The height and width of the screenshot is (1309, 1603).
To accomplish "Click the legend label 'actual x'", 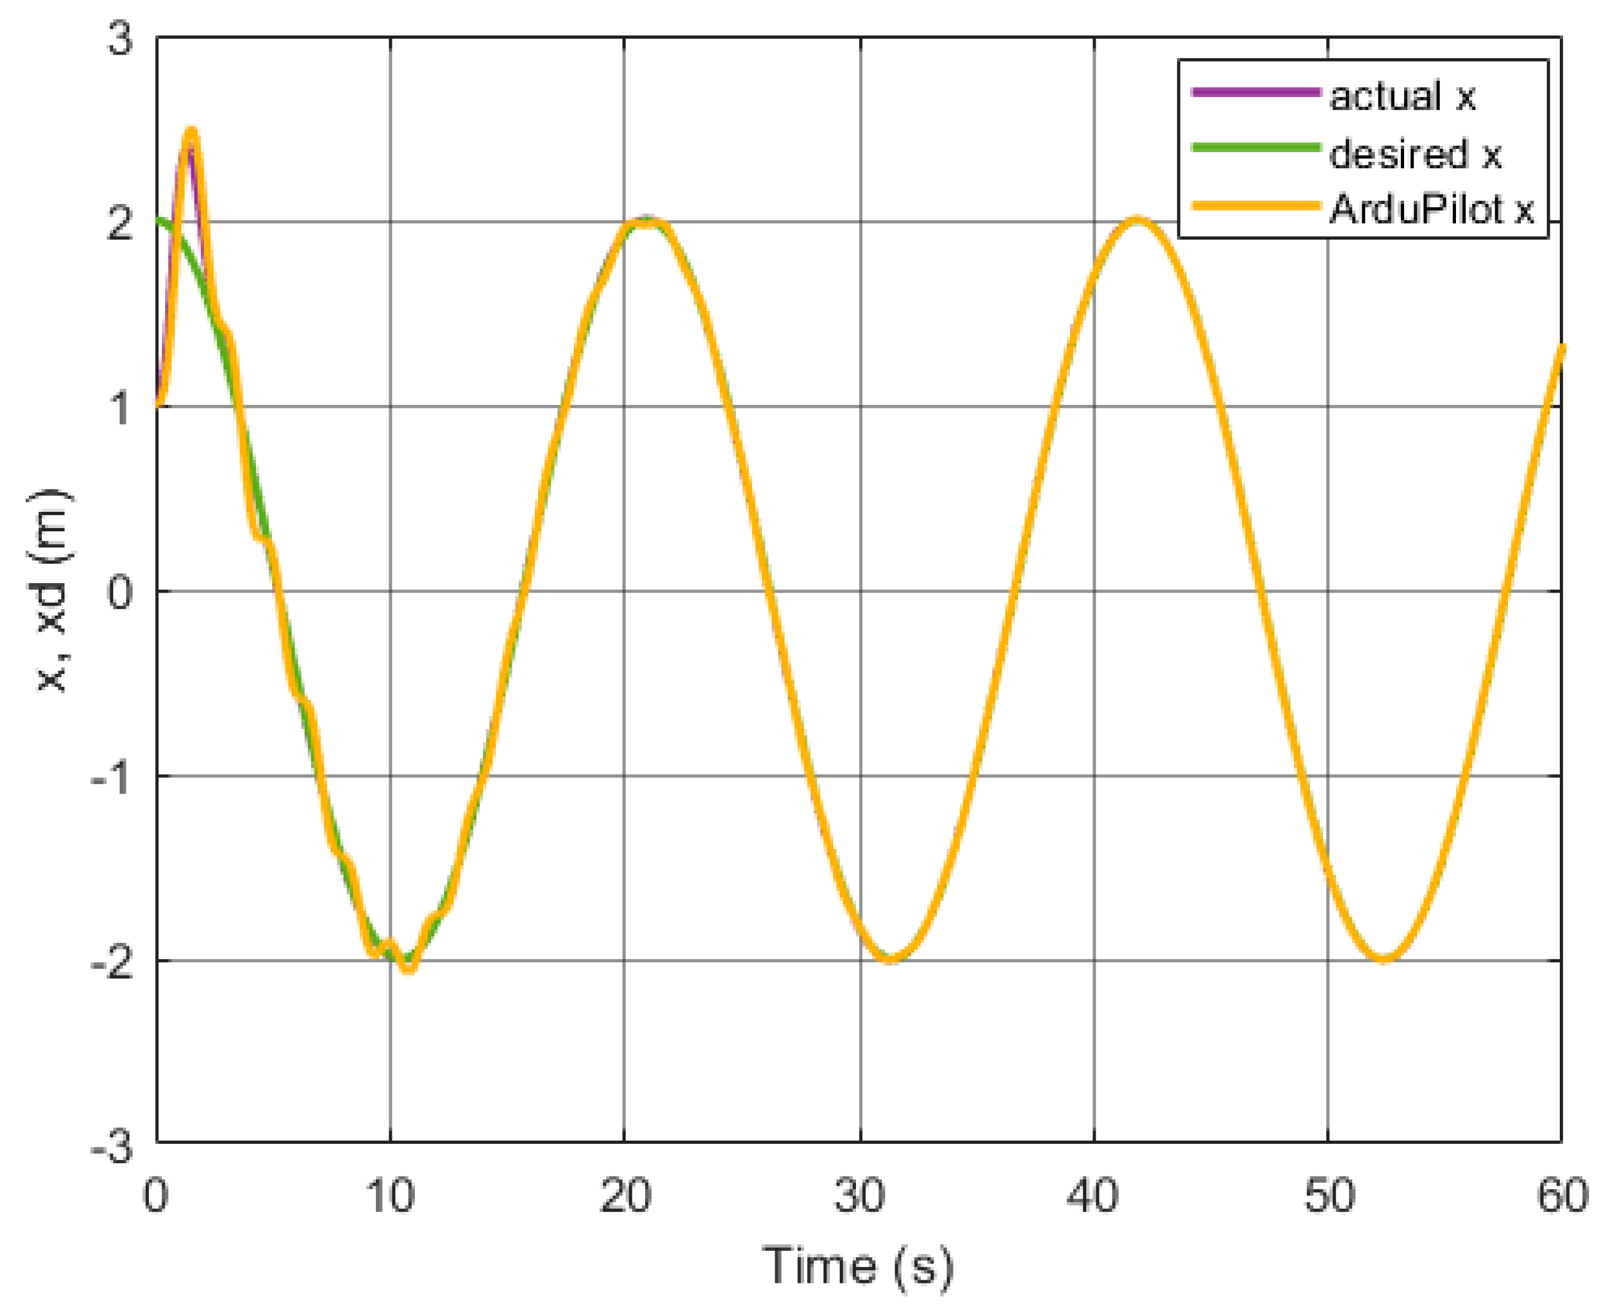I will pos(1402,96).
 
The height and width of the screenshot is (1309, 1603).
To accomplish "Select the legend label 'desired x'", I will pos(1415,154).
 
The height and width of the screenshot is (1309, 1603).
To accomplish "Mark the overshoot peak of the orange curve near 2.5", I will pos(191,133).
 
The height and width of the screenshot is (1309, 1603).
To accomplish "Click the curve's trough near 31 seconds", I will pos(891,959).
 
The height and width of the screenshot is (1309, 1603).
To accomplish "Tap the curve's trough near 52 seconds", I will pos(1385,959).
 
